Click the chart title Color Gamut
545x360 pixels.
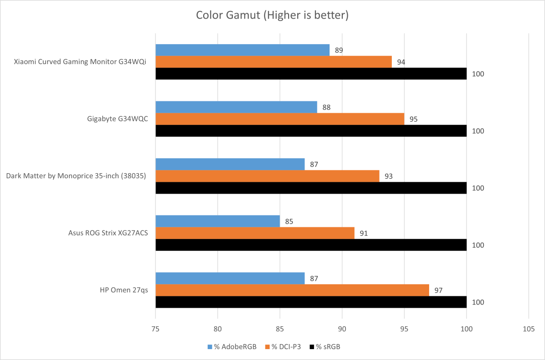click(272, 15)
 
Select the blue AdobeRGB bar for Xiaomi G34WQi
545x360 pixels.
click(242, 50)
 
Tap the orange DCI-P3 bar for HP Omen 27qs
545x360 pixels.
click(292, 290)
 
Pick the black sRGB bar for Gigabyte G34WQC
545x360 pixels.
click(311, 131)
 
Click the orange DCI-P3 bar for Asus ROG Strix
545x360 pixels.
click(255, 233)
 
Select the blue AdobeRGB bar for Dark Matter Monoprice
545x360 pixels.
click(230, 164)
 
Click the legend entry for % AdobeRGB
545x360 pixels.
click(231, 347)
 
